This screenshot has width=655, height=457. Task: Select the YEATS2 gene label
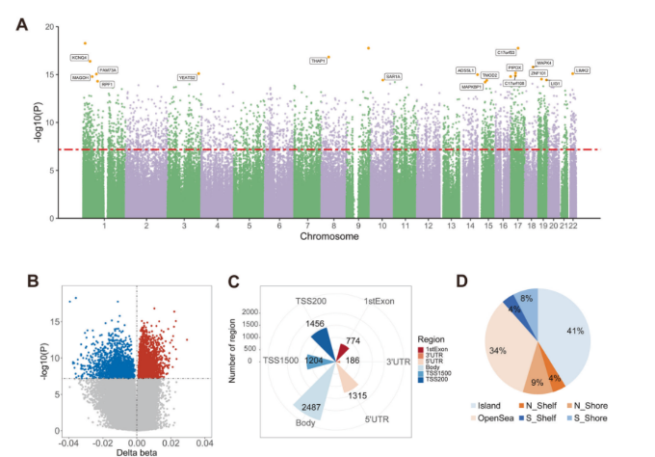pos(188,77)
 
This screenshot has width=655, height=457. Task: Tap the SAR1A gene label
pos(393,76)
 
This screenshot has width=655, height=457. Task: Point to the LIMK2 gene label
pos(582,70)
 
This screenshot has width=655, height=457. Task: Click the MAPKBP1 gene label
pos(472,87)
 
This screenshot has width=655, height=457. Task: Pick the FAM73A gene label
pos(108,70)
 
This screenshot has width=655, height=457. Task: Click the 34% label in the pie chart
pos(497,350)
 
